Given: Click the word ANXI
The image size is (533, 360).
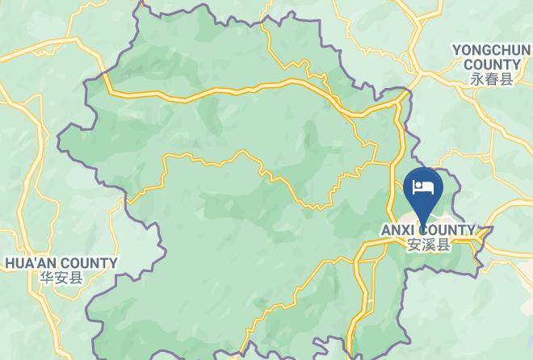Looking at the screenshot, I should tap(397, 230).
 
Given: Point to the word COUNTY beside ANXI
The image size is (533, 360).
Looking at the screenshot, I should tap(447, 230).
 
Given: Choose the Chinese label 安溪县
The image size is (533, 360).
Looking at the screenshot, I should tap(428, 245).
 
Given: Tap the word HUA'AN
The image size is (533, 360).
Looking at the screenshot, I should tap(30, 263).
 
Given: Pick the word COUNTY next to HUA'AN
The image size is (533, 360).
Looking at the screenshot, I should tap(89, 263).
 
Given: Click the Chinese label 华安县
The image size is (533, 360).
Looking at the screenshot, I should tap(61, 278).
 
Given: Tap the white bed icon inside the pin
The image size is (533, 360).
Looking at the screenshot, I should tap(423, 187).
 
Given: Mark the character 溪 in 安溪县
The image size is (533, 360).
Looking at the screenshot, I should tap(428, 245).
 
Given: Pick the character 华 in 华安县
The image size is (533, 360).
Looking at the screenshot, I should tap(45, 278).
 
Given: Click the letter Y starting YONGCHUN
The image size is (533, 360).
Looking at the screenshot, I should tap(456, 51).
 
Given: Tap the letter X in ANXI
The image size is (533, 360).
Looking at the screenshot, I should tap(404, 230).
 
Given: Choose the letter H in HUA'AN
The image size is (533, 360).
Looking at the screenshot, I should tap(10, 263).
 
